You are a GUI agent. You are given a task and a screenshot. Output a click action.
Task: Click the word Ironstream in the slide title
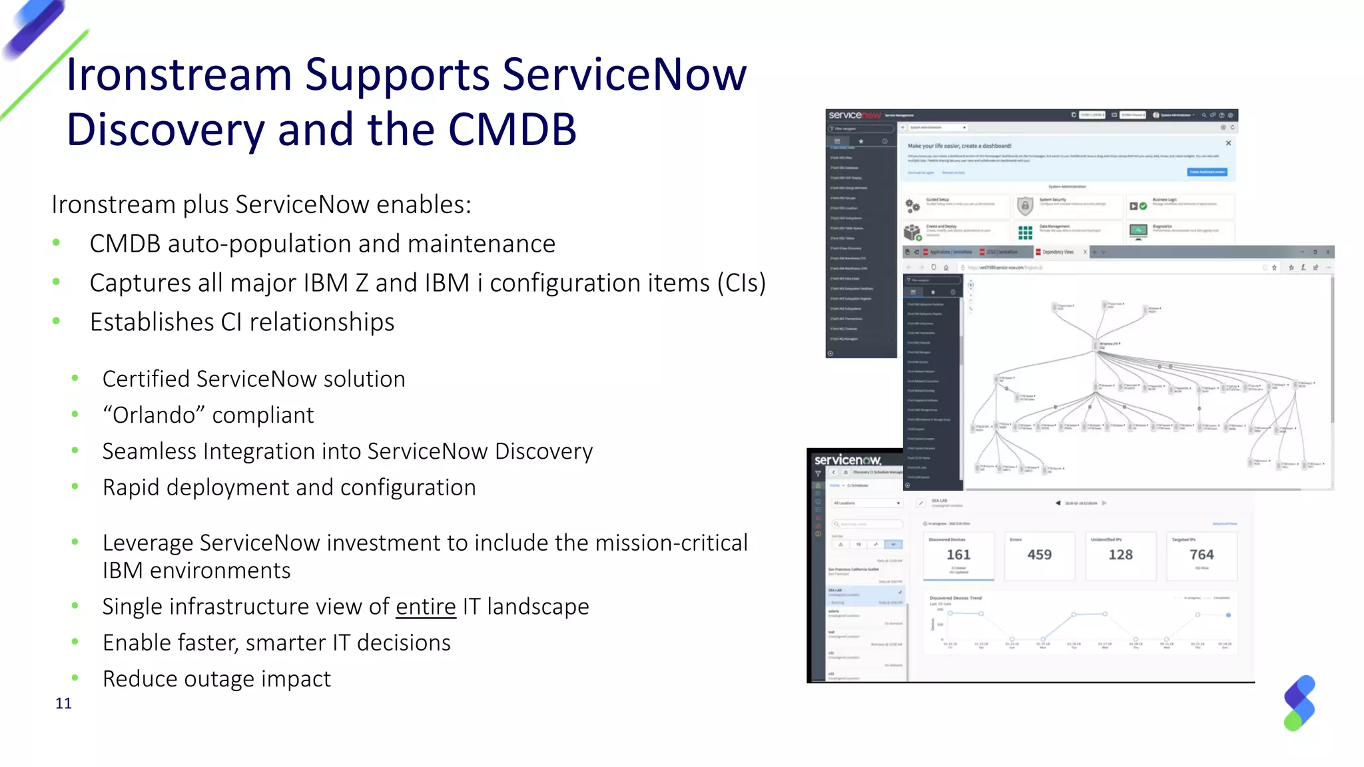click(178, 75)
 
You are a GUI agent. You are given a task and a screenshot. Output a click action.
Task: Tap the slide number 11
click(63, 704)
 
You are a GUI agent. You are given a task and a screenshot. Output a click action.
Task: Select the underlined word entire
click(426, 607)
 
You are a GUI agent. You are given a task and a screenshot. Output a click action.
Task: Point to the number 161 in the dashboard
click(958, 555)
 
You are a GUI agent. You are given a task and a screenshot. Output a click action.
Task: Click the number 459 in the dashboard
click(1039, 555)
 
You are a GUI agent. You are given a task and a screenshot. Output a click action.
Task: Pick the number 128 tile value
click(1120, 555)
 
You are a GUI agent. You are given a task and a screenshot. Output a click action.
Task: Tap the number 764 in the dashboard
click(1201, 555)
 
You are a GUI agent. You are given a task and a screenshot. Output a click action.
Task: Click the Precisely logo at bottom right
click(1299, 703)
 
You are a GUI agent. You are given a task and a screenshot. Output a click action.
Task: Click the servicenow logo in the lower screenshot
click(848, 460)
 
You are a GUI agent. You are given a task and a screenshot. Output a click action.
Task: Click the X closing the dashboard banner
click(1228, 143)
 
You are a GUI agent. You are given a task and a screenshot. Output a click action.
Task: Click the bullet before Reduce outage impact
click(75, 678)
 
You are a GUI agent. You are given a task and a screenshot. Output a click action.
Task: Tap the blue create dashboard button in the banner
click(1207, 172)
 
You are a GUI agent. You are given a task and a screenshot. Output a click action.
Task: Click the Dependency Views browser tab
click(1058, 252)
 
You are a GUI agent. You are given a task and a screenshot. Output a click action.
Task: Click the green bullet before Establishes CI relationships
click(57, 322)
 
